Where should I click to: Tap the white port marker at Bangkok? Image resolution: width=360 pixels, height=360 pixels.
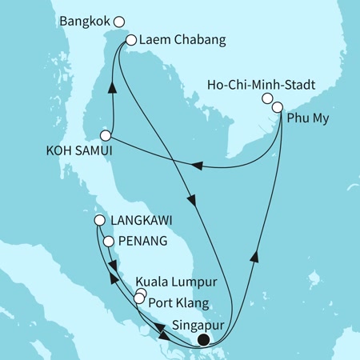tap(119, 22)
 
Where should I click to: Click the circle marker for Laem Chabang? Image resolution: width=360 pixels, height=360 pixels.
tap(131, 38)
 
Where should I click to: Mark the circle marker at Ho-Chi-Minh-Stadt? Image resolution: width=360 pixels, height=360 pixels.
tap(268, 98)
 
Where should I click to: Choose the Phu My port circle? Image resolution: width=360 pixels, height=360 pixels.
tap(278, 106)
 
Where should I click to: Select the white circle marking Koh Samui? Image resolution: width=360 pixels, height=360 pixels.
tap(105, 135)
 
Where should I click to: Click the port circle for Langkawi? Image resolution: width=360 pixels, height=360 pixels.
tap(99, 220)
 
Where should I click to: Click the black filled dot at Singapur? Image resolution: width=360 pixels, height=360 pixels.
tap(203, 339)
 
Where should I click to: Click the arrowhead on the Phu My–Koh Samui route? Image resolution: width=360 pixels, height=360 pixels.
tap(196, 166)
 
